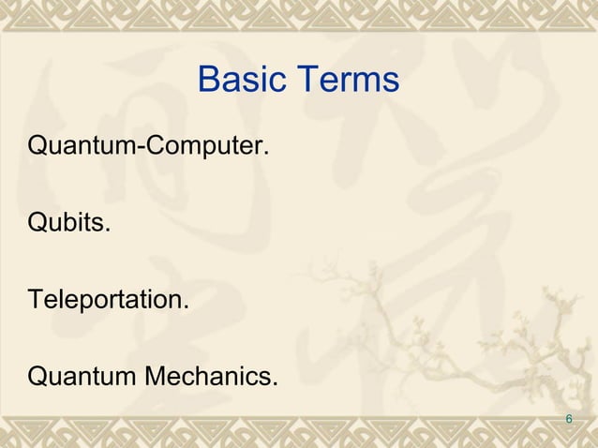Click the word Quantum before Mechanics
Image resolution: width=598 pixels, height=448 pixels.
82,378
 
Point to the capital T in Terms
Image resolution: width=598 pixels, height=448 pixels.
306,81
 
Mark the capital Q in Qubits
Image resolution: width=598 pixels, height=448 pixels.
38,225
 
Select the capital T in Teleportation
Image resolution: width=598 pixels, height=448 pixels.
37,302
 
